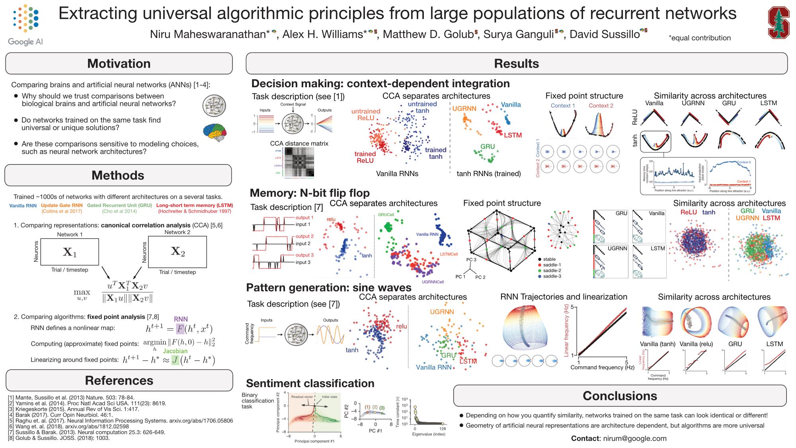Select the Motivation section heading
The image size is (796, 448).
pos(119,64)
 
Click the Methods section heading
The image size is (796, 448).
pos(118,175)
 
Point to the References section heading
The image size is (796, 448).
pos(119,380)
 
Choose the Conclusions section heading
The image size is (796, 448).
pos(620,395)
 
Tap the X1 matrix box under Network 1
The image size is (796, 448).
pos(70,252)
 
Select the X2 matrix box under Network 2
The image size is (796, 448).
pos(178,251)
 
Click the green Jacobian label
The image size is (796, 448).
pos(175,351)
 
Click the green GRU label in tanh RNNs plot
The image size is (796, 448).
pos(487,147)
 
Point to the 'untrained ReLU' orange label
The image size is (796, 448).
pos(366,115)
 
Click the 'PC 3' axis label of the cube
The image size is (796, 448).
pos(471,259)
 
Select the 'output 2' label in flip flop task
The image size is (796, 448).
pos(304,236)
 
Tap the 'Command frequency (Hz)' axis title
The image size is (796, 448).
pos(602,367)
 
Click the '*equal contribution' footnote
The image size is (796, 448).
pos(700,38)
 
